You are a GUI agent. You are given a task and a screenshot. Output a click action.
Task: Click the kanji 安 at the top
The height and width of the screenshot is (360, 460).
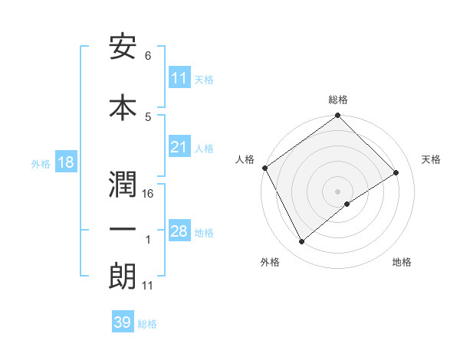point(123,47)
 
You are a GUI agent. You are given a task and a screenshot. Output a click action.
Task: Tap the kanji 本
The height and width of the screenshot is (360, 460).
point(123,106)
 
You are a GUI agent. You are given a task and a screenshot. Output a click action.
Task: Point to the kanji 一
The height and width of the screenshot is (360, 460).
point(123,229)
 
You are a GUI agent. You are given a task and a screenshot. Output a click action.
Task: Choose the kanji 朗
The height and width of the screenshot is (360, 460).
point(123,276)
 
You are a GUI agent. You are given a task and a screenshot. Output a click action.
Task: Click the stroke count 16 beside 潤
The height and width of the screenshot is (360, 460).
point(148,193)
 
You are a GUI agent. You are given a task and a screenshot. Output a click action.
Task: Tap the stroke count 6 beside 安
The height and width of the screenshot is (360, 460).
point(147,56)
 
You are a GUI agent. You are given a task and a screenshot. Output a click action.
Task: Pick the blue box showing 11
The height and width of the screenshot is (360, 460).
point(179,78)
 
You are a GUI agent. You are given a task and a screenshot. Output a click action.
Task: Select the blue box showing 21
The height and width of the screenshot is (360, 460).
point(179,147)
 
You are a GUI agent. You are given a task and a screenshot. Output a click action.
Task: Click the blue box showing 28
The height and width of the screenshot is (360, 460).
point(179,231)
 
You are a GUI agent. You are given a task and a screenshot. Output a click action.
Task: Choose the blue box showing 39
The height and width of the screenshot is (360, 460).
point(122,322)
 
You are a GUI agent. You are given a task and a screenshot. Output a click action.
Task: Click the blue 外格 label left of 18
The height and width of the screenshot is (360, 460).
point(40,164)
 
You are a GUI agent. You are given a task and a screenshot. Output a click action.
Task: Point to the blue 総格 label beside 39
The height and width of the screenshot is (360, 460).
point(147,324)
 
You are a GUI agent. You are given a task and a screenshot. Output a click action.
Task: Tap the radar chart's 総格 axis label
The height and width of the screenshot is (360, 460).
point(338,100)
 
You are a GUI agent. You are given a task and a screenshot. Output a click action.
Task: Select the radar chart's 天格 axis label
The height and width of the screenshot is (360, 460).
point(432,159)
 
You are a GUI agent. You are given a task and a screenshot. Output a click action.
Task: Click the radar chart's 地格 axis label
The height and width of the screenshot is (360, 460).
point(402,263)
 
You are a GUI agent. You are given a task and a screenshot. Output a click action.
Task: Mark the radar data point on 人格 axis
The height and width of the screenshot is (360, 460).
point(264,168)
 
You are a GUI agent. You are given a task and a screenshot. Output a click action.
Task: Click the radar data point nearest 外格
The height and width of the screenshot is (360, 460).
point(301,242)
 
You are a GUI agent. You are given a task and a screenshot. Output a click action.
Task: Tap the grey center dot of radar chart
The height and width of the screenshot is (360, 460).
point(337,191)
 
